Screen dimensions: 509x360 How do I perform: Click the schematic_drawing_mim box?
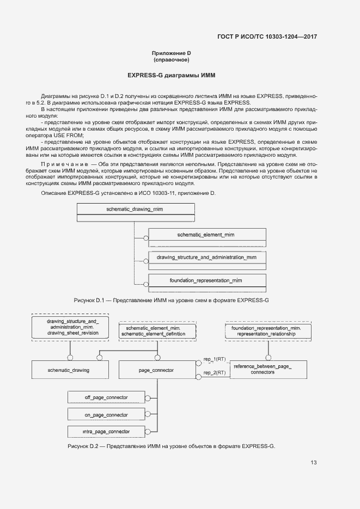(136, 210)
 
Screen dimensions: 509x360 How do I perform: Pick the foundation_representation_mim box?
(207, 280)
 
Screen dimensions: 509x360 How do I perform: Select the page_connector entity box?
(157, 370)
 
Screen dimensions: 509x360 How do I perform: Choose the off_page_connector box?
(107, 397)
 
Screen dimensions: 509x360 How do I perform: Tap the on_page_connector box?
(107, 415)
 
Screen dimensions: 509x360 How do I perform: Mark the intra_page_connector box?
(107, 432)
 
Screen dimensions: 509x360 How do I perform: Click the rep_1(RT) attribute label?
(215, 360)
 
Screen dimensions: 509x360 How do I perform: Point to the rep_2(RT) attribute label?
(215, 373)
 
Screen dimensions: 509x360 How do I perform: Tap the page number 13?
(313, 463)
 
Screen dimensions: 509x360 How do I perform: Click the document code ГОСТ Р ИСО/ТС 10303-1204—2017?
(267, 37)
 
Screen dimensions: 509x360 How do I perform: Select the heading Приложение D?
(172, 53)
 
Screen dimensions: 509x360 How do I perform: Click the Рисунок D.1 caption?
(172, 300)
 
